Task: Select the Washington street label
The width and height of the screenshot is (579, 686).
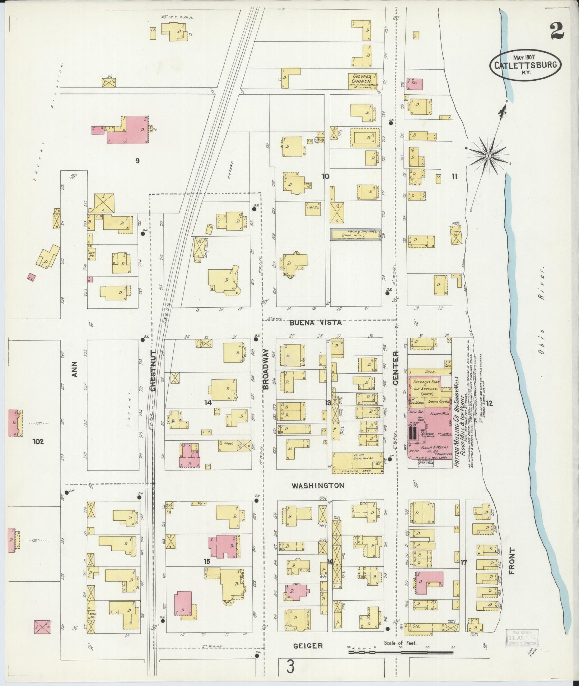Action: [x=318, y=486]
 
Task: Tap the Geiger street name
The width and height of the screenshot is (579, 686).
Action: [x=308, y=646]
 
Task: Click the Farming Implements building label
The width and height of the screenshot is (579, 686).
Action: [x=355, y=233]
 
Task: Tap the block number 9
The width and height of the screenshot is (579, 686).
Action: [x=137, y=161]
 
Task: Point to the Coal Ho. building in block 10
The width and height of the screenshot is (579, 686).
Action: [x=313, y=208]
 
